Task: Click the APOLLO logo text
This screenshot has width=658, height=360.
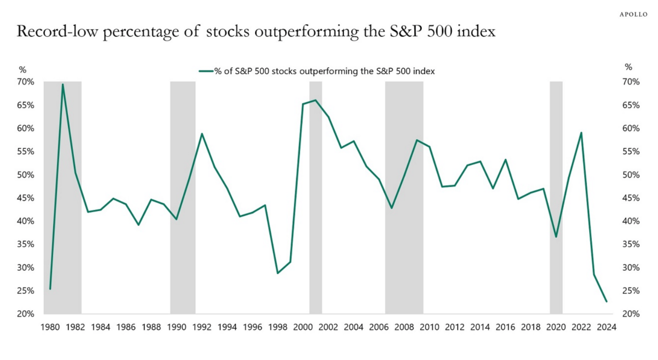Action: click(633, 14)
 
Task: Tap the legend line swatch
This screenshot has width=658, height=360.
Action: click(205, 72)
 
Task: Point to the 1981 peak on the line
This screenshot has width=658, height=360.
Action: click(63, 85)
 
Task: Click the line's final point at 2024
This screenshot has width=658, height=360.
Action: click(606, 301)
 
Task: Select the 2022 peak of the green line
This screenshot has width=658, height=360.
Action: click(581, 133)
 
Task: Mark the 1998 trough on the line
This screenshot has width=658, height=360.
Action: click(278, 273)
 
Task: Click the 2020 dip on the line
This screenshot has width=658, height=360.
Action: click(556, 237)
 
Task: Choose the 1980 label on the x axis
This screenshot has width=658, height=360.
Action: click(50, 327)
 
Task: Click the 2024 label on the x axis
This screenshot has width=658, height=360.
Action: click(606, 327)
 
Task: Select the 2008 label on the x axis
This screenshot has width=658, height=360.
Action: click(404, 327)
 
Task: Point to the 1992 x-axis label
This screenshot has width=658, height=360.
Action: click(202, 327)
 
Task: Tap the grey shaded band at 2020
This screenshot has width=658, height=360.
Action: click(556, 153)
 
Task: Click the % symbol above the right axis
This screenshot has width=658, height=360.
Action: click(628, 67)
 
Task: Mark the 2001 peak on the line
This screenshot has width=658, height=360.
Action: click(316, 100)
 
